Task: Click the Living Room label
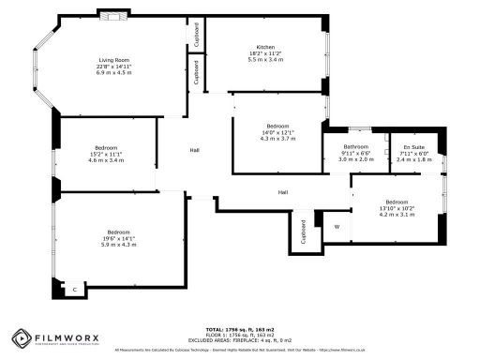116,60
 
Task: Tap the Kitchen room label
265,47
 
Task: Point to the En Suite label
413,148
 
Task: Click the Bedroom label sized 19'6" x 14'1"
118,232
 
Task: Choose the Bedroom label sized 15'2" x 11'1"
106,148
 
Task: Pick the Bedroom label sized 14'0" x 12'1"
277,126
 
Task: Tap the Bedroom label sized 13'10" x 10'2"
396,202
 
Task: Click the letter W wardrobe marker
336,226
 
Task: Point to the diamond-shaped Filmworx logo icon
22,337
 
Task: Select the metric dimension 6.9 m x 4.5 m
116,72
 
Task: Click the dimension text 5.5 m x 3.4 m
265,58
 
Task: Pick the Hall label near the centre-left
194,150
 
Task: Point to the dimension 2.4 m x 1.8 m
413,159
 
